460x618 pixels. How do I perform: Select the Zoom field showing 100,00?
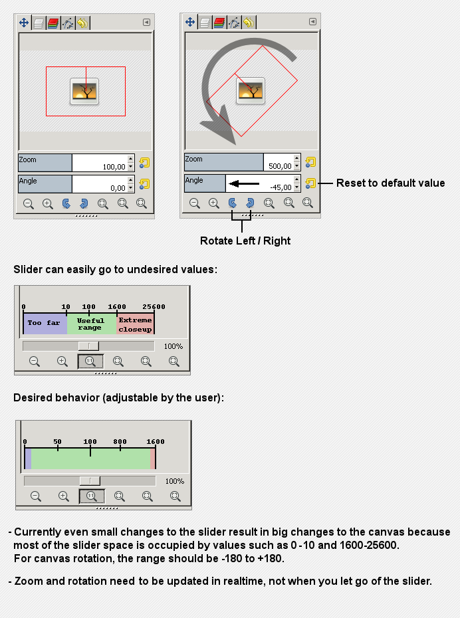click(99, 163)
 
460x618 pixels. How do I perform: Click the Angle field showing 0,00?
click(99, 184)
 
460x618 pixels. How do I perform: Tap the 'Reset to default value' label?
click(390, 183)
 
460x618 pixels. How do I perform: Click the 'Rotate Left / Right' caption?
click(245, 241)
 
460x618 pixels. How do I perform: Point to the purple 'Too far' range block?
click(45, 324)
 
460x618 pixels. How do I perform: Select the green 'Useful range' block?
click(90, 324)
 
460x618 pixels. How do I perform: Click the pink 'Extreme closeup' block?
click(135, 324)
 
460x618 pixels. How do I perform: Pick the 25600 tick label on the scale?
click(153, 307)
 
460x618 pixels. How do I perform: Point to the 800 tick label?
click(120, 441)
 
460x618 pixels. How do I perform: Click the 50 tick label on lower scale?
click(57, 441)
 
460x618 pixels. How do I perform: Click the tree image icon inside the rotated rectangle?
click(251, 90)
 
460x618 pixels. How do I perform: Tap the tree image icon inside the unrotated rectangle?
click(84, 90)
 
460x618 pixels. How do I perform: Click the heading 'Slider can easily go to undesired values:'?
click(116, 270)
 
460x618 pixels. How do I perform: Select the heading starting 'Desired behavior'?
click(118, 398)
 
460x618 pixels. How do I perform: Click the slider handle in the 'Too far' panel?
click(88, 346)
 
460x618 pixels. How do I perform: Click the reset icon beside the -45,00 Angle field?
click(310, 183)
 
